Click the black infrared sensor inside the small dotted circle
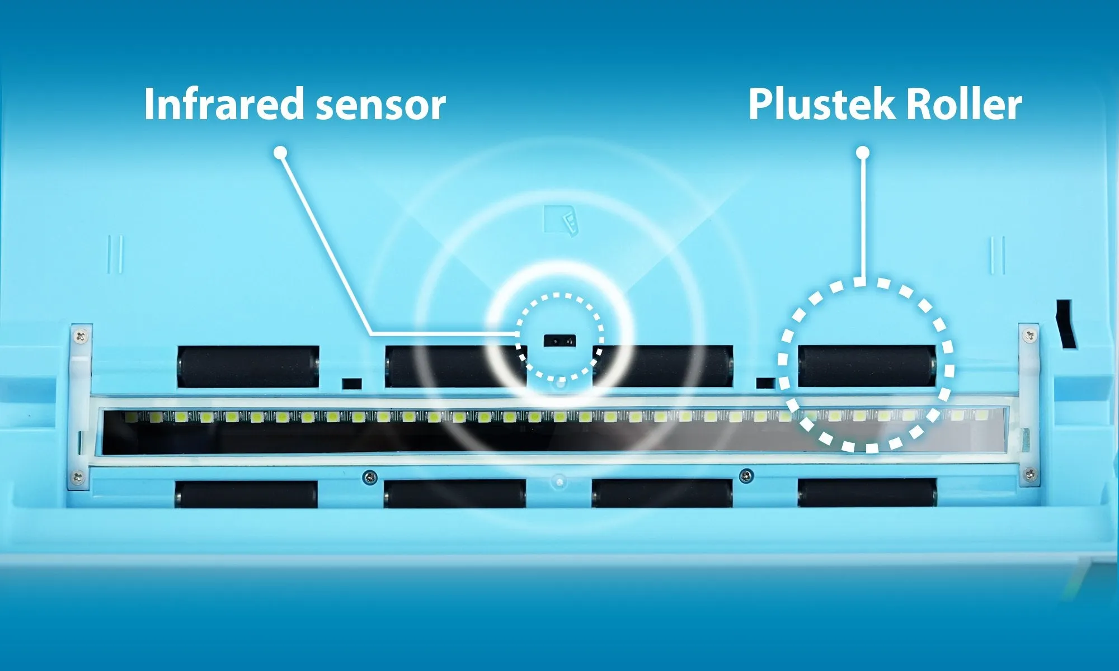click(x=559, y=340)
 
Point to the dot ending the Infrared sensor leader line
click(x=281, y=152)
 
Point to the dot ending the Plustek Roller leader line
click(x=863, y=152)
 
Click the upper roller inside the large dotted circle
click(x=867, y=366)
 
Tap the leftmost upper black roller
click(x=248, y=367)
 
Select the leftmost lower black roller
click(x=246, y=494)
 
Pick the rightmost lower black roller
click(x=867, y=493)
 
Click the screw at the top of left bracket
click(x=81, y=336)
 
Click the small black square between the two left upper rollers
click(x=352, y=384)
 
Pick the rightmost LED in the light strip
click(x=982, y=415)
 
